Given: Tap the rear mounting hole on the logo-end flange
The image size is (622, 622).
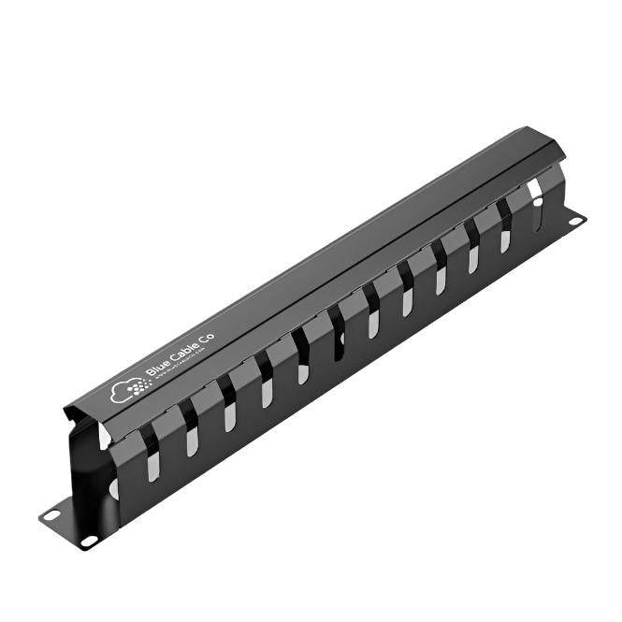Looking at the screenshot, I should pyautogui.click(x=53, y=513).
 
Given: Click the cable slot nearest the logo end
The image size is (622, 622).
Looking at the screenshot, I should pyautogui.click(x=152, y=465).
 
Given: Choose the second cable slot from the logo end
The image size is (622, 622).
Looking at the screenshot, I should pyautogui.click(x=192, y=440).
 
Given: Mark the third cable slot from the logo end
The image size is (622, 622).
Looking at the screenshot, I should pyautogui.click(x=230, y=416).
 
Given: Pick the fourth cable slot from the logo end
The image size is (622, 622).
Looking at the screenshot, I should pyautogui.click(x=268, y=393).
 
